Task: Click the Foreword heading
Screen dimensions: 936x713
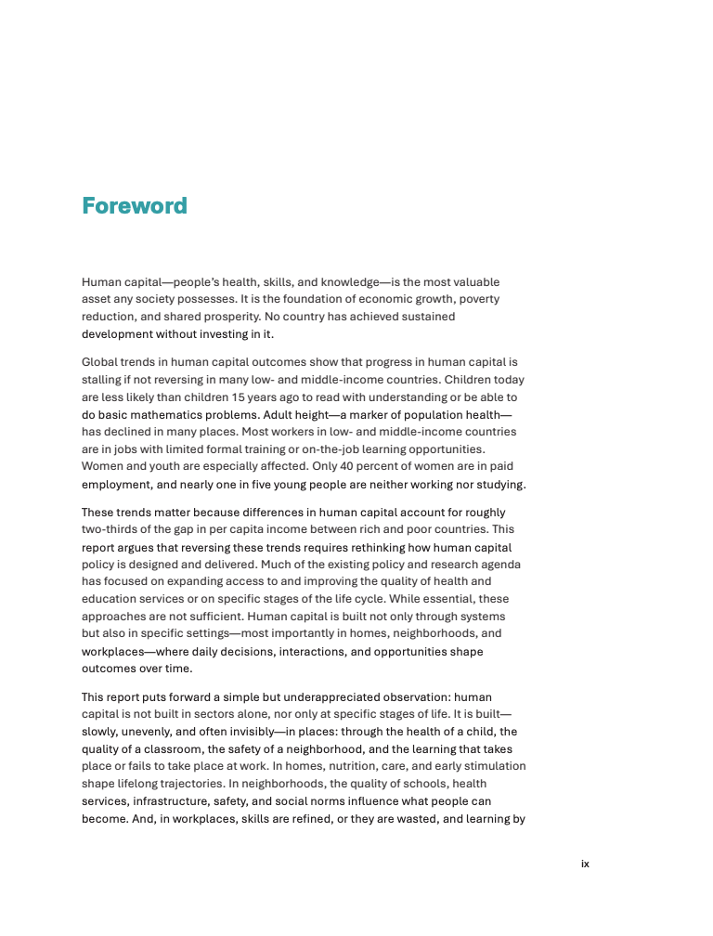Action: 135,206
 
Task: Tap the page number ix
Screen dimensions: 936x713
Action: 585,864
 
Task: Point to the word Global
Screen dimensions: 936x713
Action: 99,362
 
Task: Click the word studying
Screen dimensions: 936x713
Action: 500,484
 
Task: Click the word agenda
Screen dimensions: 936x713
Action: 499,565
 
